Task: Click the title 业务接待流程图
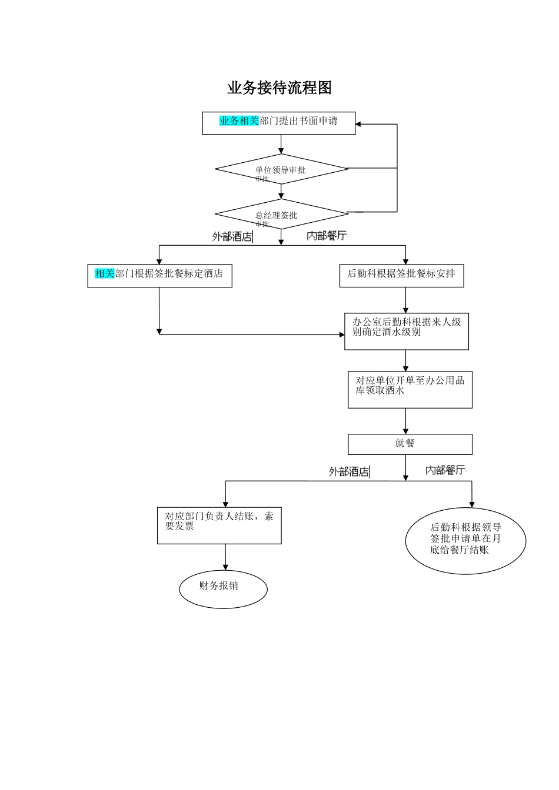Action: [279, 88]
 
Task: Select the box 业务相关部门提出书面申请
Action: [279, 123]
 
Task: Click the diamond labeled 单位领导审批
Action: [281, 169]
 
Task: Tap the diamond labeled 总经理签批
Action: [281, 214]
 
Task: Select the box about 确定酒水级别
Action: [406, 331]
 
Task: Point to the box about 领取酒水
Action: [410, 389]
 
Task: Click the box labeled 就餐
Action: [410, 444]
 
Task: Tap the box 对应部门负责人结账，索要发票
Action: [219, 525]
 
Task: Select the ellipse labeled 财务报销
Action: [223, 589]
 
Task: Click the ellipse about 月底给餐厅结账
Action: [465, 540]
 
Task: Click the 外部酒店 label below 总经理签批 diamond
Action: [232, 237]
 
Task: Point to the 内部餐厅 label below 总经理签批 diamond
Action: [327, 236]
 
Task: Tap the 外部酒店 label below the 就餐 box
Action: [349, 471]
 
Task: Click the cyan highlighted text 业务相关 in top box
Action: [239, 121]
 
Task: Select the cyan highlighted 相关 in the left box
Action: [104, 273]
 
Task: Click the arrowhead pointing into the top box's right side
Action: [358, 124]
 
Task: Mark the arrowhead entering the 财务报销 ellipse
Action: [225, 568]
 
